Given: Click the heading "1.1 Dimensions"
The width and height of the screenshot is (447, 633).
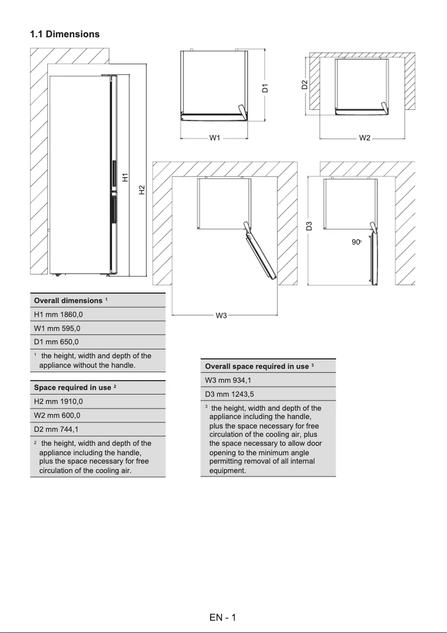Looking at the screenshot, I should click(x=65, y=34).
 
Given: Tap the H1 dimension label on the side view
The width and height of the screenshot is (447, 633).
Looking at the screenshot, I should click(x=126, y=177).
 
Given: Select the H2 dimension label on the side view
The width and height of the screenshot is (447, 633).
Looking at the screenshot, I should click(x=142, y=190).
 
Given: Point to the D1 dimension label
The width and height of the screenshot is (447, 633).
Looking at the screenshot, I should click(x=266, y=87).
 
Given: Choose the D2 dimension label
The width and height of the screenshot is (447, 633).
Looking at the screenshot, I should click(x=304, y=85).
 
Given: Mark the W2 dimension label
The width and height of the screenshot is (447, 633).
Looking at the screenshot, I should click(x=365, y=138).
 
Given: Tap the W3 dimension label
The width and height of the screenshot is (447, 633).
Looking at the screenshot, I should click(x=221, y=316).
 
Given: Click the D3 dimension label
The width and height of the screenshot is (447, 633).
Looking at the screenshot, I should click(x=309, y=226).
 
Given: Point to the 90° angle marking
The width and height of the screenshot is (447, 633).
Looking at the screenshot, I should click(x=357, y=242).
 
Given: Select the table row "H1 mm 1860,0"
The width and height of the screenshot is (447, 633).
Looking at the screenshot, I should click(x=98, y=314).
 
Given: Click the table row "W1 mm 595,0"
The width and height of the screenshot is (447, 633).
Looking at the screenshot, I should click(x=98, y=328).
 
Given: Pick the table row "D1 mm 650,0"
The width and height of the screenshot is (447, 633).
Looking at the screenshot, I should click(x=98, y=342).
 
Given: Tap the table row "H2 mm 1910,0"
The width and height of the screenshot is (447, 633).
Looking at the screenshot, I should click(x=98, y=401).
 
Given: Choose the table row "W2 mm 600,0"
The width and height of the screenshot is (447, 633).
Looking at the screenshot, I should click(x=98, y=415).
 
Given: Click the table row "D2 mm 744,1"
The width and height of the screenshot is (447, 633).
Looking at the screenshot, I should click(x=98, y=429).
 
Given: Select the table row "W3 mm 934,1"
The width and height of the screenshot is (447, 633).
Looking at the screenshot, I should click(x=268, y=380).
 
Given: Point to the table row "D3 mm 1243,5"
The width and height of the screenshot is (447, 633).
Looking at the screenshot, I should click(x=268, y=394).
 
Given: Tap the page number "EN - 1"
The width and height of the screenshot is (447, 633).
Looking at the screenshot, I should click(x=223, y=617).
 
